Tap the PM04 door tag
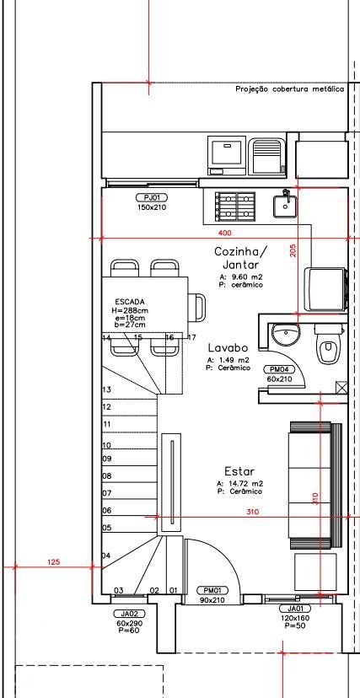pos(279,369)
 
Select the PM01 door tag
pos(212,591)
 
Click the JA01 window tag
pos(294,609)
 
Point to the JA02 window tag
pos(130,614)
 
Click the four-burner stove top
pos(235,205)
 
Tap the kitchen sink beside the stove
pos(285,206)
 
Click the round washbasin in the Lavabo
pos(285,334)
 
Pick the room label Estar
pos(239,471)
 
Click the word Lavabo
pos(228,347)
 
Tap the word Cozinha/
pos(241,251)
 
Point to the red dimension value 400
pos(225,233)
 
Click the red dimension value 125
pos(53,561)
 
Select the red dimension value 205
pos(293,250)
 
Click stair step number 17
pos(191,337)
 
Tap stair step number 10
pos(106,445)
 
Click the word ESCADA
pos(130,301)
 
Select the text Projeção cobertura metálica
pos(290,89)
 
